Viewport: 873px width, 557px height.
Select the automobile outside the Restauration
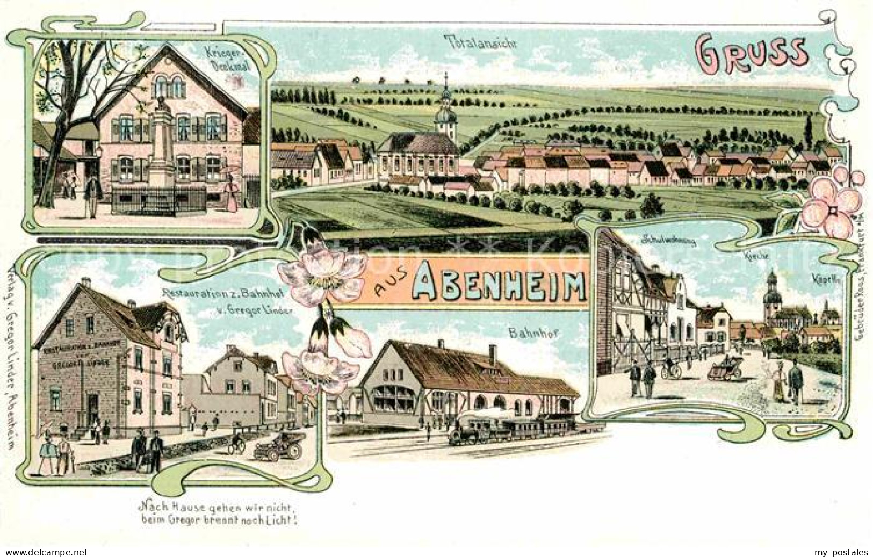(x=279, y=445)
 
